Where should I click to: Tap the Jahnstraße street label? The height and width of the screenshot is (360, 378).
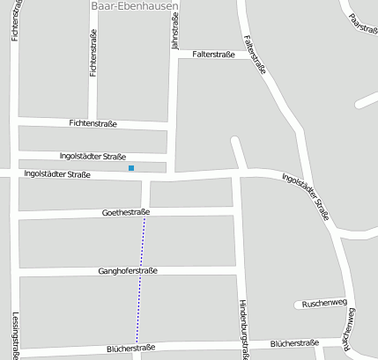click(174, 32)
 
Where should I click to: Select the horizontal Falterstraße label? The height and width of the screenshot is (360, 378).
click(212, 55)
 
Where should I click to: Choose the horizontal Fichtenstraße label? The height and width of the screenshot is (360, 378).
click(93, 123)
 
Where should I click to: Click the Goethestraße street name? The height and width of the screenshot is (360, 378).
click(126, 213)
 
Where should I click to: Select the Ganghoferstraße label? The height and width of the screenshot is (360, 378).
click(128, 271)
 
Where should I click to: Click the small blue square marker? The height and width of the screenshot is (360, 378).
click(131, 167)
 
